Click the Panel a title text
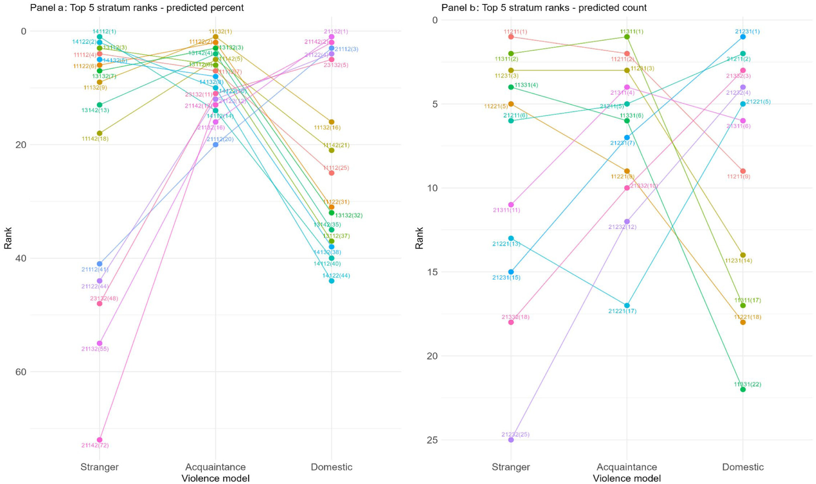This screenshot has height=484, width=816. tap(136, 8)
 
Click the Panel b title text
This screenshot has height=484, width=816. tap(544, 8)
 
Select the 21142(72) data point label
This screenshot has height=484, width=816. tap(95, 445)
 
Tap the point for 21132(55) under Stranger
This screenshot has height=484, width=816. tap(99, 344)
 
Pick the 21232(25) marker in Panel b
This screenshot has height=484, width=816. tap(511, 440)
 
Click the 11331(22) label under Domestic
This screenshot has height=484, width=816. tap(747, 384)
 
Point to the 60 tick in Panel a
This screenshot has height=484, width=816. tap(21, 372)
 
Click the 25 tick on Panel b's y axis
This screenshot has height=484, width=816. tap(432, 440)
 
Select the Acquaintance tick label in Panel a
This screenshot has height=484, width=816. tap(215, 467)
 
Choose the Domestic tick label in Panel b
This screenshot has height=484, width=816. tap(743, 467)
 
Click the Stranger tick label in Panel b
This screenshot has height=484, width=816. tap(511, 467)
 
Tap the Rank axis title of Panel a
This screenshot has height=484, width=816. tap(8, 238)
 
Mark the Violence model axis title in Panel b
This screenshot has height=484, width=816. tap(627, 478)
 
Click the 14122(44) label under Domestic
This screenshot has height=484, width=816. tap(336, 276)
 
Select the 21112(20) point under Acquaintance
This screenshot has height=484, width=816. tap(215, 144)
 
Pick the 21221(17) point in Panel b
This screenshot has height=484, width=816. tap(627, 305)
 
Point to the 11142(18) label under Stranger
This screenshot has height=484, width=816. tap(95, 139)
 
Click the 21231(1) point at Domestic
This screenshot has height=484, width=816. tap(743, 37)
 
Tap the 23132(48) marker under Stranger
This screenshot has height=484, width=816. tap(99, 303)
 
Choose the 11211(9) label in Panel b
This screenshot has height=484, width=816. tap(738, 177)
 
